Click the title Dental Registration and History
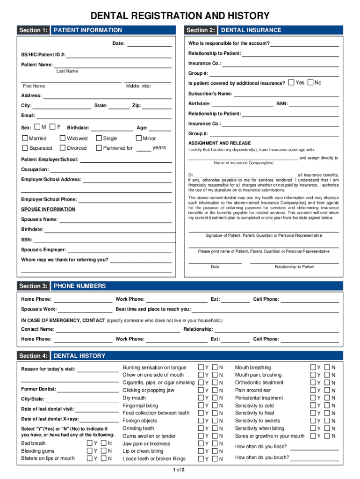click(180, 15)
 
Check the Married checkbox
click(25, 138)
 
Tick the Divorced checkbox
click(63, 148)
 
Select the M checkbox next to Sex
click(37, 127)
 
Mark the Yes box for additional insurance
click(291, 83)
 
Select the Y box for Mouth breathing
click(313, 368)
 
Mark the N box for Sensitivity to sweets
click(327, 421)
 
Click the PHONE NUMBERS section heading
click(80, 286)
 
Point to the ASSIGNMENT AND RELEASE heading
click(219, 143)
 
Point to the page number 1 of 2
click(179, 470)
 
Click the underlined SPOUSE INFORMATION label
click(48, 210)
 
